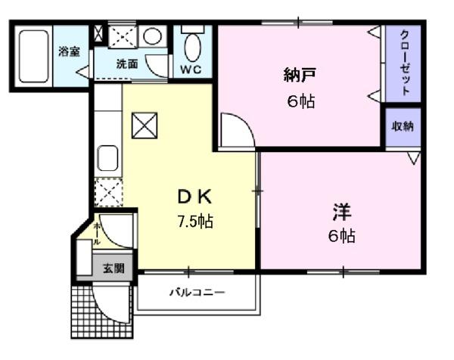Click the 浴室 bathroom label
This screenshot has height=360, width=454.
70,51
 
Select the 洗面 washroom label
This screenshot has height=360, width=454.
126,64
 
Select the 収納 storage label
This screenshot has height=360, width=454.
403,126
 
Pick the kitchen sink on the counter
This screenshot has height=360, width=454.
107,159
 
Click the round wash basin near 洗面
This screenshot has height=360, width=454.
152,36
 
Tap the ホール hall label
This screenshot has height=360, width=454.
97,232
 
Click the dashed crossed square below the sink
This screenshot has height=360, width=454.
107,193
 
